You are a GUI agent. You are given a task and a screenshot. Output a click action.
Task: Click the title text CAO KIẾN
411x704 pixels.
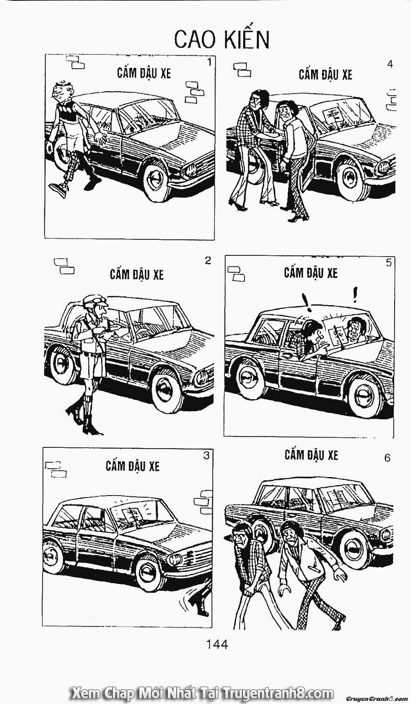coord(222,39)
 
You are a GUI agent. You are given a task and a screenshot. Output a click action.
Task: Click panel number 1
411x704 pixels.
coord(209,63)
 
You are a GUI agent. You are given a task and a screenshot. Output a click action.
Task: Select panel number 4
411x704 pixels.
coord(390,64)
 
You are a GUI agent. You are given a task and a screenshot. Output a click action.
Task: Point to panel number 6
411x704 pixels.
coord(387,457)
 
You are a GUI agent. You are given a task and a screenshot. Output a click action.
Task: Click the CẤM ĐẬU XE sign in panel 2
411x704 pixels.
coord(136,274)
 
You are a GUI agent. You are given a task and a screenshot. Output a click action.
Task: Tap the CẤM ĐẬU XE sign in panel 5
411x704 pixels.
coord(311,273)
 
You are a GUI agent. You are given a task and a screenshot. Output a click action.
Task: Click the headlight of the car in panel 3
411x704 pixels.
coord(175,559)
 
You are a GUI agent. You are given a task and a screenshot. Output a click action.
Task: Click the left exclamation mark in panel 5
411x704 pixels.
coord(305,302)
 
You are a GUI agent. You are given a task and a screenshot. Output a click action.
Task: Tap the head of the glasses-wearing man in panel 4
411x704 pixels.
coord(257,99)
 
